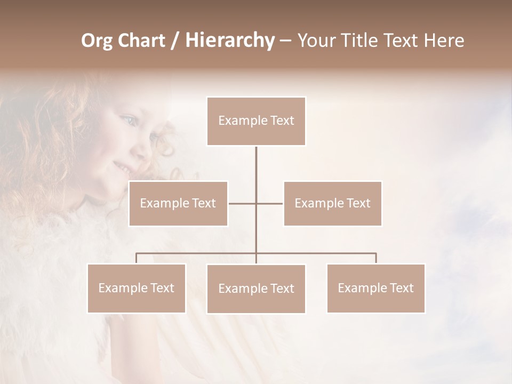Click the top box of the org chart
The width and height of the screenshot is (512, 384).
click(x=256, y=121)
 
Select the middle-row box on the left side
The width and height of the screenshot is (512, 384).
click(x=178, y=203)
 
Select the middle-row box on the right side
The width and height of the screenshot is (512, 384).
click(x=332, y=203)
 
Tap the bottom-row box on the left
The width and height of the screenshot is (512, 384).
click(x=137, y=288)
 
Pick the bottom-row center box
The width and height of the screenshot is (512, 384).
click(x=256, y=289)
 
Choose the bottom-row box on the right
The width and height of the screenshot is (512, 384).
click(x=375, y=288)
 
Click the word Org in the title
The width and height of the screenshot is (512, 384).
click(x=97, y=41)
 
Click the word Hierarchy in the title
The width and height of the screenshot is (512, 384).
click(x=229, y=41)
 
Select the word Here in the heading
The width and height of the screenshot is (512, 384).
click(x=443, y=41)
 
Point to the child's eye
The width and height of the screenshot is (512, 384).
click(x=127, y=121)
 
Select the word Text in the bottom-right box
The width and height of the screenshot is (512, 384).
click(x=401, y=288)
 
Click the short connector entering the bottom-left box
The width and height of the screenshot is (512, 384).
click(x=137, y=259)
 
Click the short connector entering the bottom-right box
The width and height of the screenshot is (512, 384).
click(x=376, y=259)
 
